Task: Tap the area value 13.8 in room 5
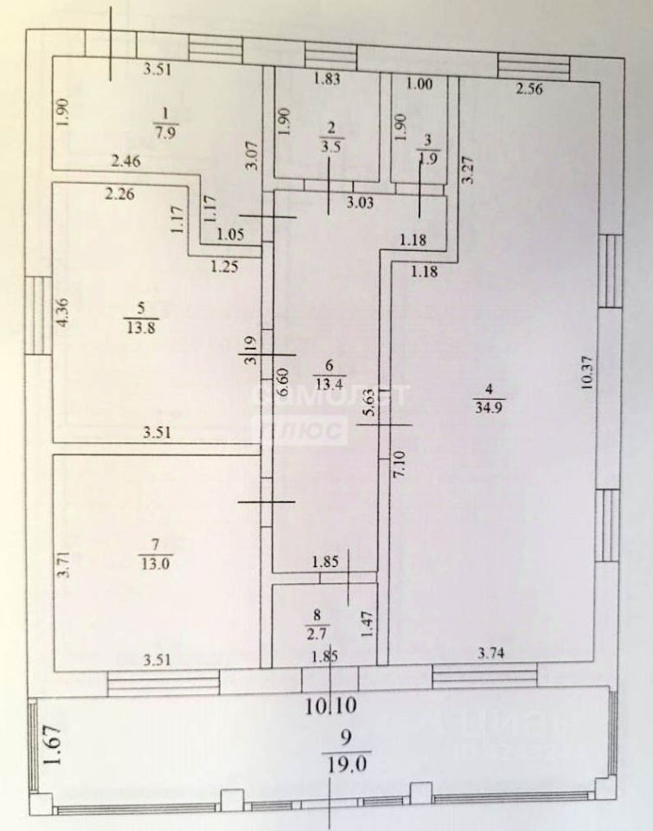pos(136,327)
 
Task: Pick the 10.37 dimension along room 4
pos(588,374)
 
